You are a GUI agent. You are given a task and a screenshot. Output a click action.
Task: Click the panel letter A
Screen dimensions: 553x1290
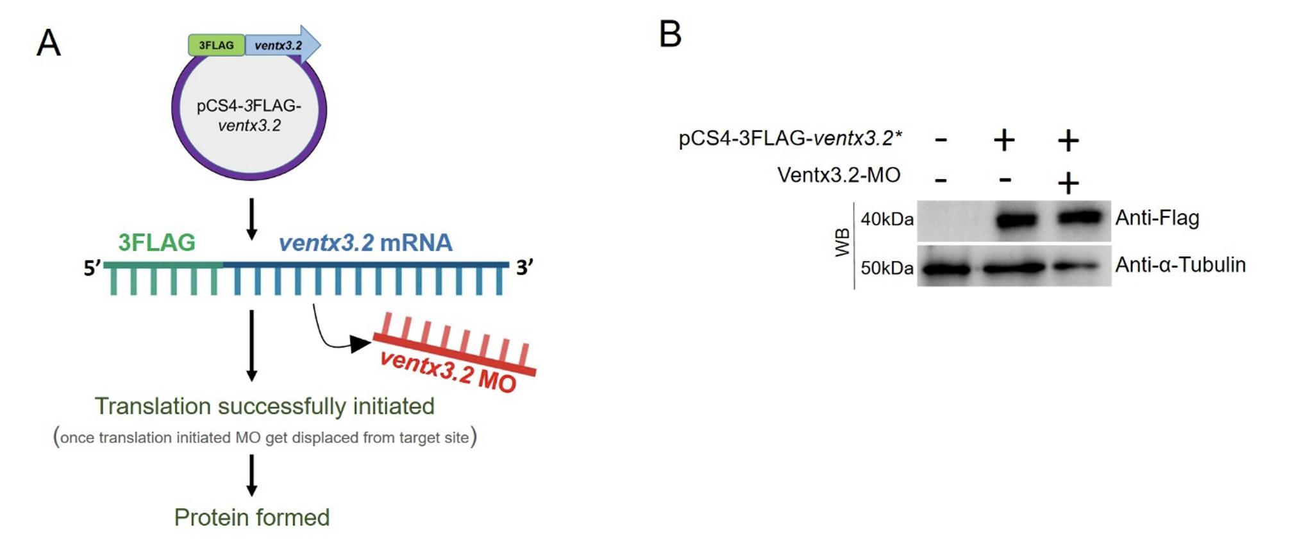point(49,44)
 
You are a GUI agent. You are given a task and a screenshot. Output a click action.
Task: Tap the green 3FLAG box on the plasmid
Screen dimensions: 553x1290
point(216,46)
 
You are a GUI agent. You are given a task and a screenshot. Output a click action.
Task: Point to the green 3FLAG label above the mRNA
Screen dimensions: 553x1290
point(156,242)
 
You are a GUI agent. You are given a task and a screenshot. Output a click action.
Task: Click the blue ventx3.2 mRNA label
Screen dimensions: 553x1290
point(365,242)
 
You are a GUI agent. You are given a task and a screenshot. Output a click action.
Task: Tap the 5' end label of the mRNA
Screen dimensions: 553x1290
point(92,268)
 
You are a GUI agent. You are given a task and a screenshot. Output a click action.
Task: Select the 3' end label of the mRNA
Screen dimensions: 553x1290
point(524,267)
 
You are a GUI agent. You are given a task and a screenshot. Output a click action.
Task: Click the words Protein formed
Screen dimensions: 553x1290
point(252,518)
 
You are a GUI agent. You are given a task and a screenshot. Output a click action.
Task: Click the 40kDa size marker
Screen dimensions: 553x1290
point(887,219)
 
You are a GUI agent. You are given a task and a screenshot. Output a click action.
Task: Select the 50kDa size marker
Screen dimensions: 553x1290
point(887,268)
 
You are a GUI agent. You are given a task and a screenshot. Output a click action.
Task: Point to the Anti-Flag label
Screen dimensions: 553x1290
point(1157,218)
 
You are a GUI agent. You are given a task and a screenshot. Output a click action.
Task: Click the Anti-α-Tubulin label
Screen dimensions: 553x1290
point(1180,265)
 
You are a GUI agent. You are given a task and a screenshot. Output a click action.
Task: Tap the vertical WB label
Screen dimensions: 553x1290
point(842,242)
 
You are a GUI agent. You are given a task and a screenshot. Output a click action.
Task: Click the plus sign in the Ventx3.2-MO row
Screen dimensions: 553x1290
point(1068,183)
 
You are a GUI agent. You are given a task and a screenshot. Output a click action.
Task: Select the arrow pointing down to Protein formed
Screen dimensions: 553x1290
point(252,475)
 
